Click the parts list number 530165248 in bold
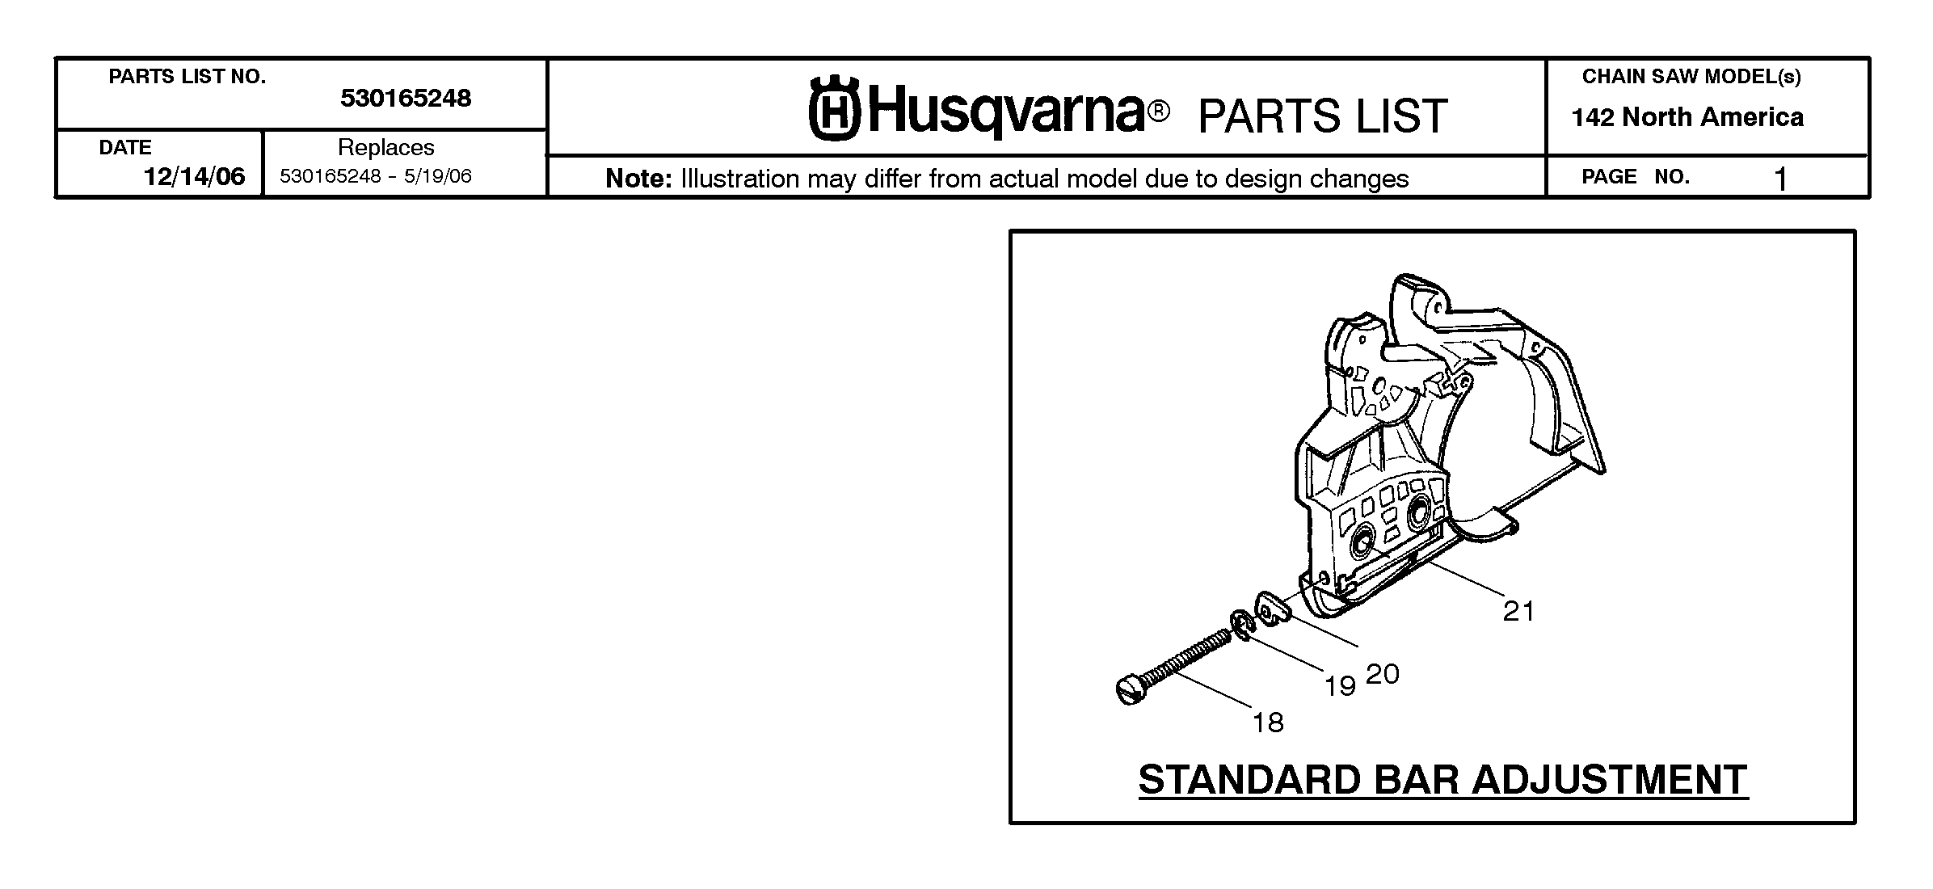point(406,99)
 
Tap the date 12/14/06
point(194,176)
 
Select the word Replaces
point(386,147)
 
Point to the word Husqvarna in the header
point(1007,111)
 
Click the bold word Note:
point(639,179)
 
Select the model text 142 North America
point(1687,118)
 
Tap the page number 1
point(1780,179)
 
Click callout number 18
point(1268,722)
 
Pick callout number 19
point(1340,686)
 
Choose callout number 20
point(1383,674)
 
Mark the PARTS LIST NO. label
point(187,77)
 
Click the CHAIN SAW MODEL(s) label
point(1691,77)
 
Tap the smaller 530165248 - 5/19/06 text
point(376,176)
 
